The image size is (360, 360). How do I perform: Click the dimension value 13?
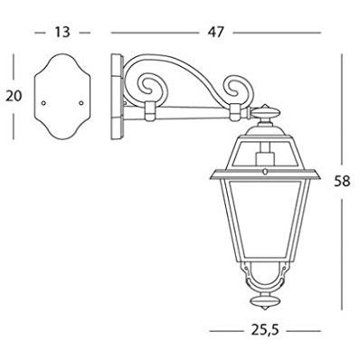62,33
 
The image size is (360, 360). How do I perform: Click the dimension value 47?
216,33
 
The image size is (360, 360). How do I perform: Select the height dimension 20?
14,96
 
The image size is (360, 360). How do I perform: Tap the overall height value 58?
342,181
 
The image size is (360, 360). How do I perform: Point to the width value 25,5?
265,331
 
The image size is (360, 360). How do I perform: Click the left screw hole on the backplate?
43,103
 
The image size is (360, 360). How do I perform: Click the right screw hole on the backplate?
81,103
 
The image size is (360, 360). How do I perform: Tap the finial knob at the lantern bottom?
265,301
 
